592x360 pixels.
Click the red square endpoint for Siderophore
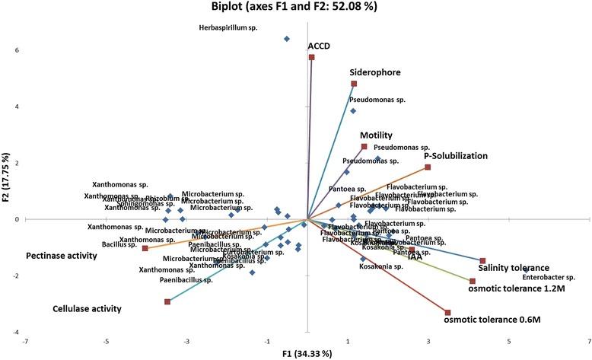pyautogui.click(x=354, y=84)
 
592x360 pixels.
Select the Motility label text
pyautogui.click(x=381, y=133)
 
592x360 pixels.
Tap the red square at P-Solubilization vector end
pyautogui.click(x=428, y=167)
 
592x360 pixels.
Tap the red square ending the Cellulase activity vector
pyautogui.click(x=167, y=302)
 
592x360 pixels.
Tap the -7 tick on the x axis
pyautogui.click(x=25, y=340)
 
